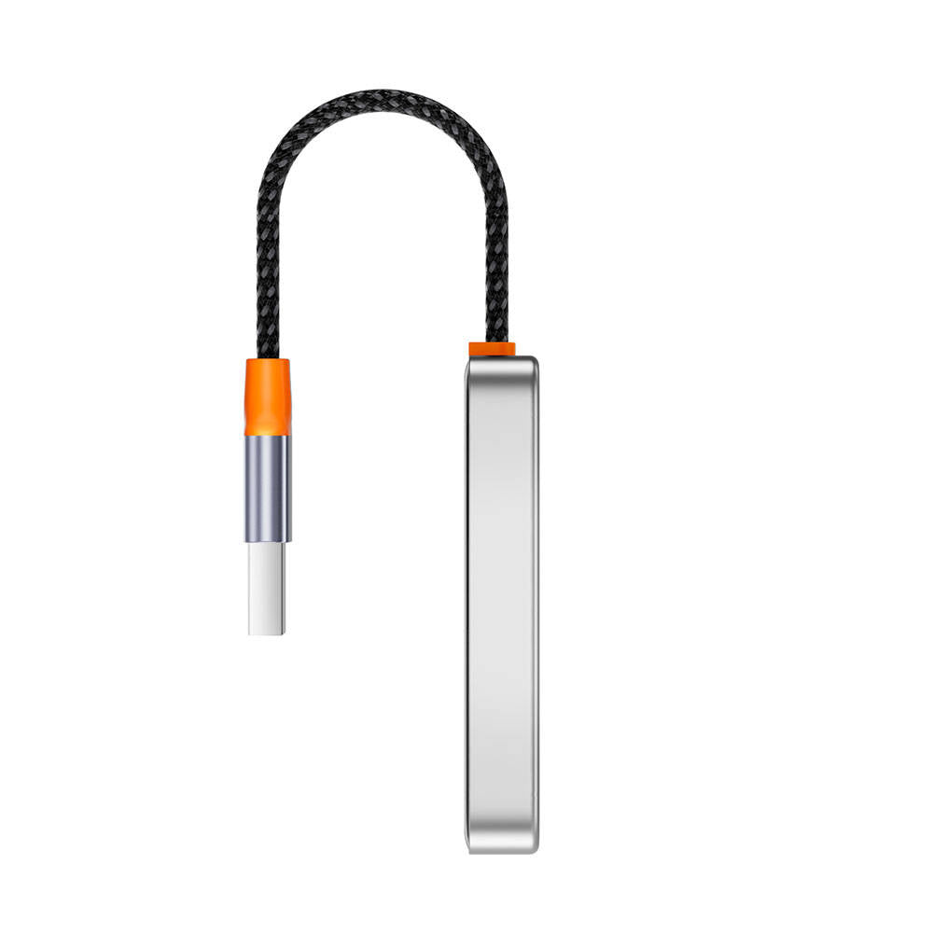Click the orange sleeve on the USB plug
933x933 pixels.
pos(268,397)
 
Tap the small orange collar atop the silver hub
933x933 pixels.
pos(492,350)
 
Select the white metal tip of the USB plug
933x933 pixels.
pos(267,589)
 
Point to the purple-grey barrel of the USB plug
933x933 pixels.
pos(268,489)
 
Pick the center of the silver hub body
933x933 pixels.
pos(502,605)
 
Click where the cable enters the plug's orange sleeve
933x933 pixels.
pos(268,359)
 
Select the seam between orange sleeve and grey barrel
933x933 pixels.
pos(268,436)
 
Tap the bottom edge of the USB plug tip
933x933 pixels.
pos(267,634)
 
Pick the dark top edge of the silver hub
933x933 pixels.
pos(502,359)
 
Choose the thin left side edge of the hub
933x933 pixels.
pos(468,605)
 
